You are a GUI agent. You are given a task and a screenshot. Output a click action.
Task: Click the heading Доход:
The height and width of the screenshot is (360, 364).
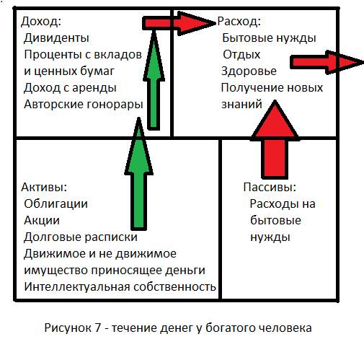point(41,22)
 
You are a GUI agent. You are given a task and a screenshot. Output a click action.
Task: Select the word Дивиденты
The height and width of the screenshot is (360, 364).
point(57,38)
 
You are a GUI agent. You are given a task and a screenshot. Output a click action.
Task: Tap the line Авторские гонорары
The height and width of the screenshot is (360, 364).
point(84,105)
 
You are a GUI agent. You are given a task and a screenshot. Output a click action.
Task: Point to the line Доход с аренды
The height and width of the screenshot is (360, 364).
point(70,88)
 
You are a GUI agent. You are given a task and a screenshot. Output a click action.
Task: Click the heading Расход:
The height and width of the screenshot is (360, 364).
point(239,22)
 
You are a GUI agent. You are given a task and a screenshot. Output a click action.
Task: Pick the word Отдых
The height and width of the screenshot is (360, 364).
point(241,55)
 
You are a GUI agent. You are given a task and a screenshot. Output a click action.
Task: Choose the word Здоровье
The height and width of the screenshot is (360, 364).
point(249,71)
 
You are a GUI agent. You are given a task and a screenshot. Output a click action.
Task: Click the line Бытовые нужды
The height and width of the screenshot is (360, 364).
point(269,38)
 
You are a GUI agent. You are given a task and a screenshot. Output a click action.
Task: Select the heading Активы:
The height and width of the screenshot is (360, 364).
point(44,188)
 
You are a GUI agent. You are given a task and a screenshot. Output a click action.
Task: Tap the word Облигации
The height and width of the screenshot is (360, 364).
point(56,204)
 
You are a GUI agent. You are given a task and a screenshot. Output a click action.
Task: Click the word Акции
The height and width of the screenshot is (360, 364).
point(42,221)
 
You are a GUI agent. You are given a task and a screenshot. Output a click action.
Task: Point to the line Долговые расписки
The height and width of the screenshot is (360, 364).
point(81,237)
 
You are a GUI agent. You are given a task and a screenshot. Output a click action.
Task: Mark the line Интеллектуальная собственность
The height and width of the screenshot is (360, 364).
point(120,287)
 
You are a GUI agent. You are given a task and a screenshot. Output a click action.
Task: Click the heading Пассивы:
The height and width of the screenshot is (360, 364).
point(270,188)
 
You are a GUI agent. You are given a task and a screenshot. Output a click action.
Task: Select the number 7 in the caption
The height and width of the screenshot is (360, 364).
point(97,328)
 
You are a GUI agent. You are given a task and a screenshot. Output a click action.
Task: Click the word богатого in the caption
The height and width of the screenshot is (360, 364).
point(225,328)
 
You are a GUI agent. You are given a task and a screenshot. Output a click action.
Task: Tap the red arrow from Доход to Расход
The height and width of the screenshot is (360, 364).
point(179,23)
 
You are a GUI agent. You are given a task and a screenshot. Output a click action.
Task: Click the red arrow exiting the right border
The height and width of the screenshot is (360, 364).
point(327,63)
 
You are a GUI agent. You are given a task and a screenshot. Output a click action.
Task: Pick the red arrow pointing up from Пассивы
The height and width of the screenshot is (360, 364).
point(275,140)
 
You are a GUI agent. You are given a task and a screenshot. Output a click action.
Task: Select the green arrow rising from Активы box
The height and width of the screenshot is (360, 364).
point(139,174)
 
